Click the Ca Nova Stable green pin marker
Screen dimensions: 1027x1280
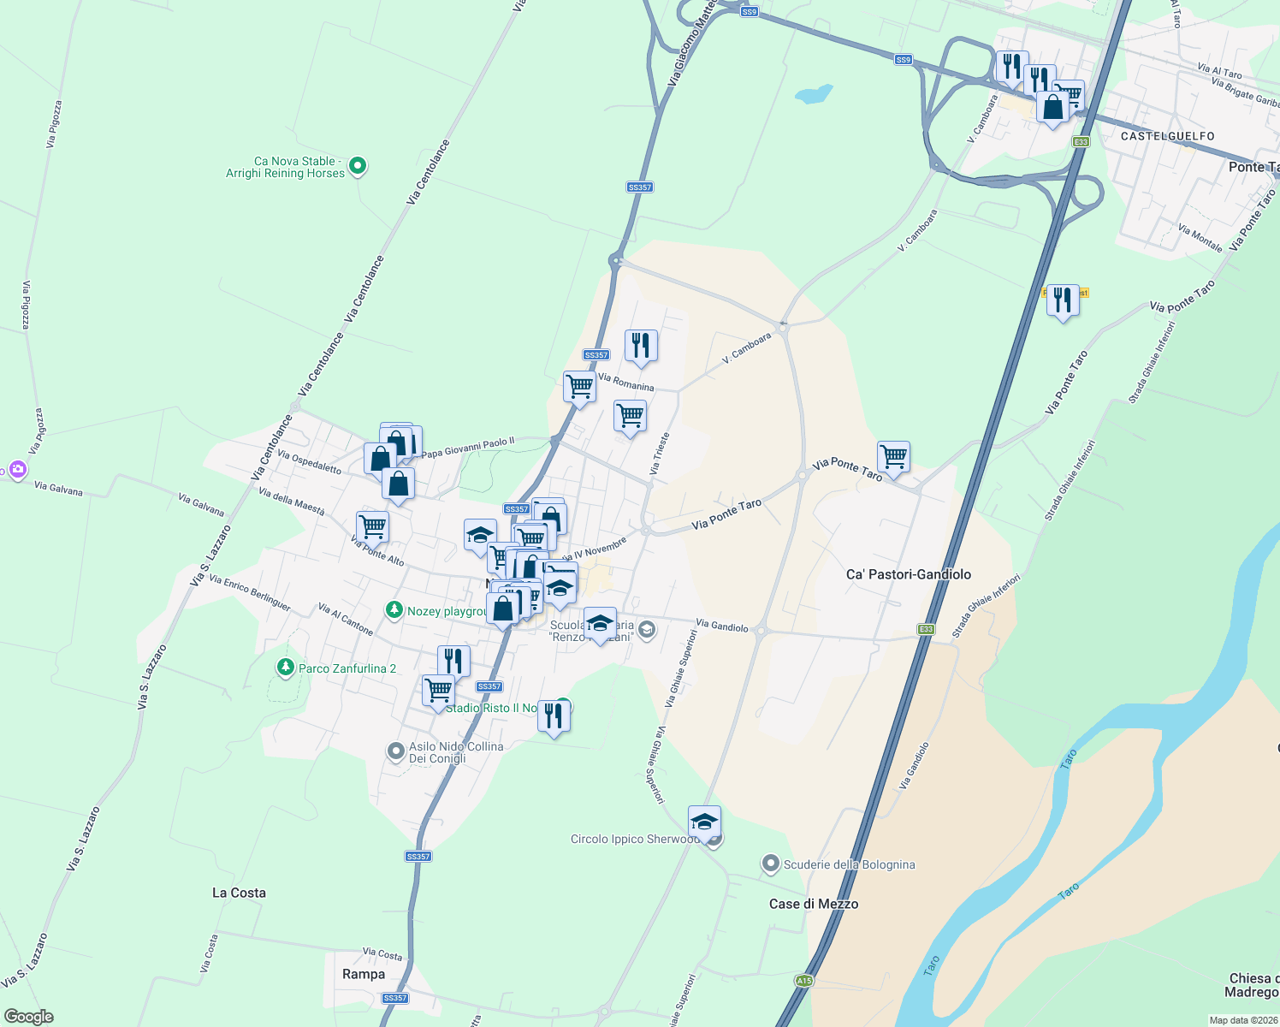[358, 166]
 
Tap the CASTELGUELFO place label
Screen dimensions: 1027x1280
[1167, 136]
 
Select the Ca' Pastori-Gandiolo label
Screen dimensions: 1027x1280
[908, 574]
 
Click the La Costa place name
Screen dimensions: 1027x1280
[239, 893]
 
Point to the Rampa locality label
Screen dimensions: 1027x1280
[364, 974]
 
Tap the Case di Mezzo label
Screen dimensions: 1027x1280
[813, 904]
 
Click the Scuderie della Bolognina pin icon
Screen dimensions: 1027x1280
[771, 864]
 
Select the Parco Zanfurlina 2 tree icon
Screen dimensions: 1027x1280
[285, 667]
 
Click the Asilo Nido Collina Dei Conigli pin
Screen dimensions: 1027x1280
[395, 751]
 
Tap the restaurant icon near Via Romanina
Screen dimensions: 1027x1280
[641, 347]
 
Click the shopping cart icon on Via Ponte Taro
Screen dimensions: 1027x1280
[893, 457]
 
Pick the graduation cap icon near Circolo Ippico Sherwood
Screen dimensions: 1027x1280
[704, 822]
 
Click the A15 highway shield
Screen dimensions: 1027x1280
[803, 981]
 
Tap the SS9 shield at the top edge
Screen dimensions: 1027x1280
[750, 12]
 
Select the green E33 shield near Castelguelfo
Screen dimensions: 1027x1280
[1081, 142]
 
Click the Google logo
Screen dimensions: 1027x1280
[28, 1017]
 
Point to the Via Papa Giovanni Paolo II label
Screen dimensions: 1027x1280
[468, 448]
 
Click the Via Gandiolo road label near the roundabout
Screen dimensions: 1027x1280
[722, 626]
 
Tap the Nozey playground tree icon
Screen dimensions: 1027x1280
[394, 610]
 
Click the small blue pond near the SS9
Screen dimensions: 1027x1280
[813, 93]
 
